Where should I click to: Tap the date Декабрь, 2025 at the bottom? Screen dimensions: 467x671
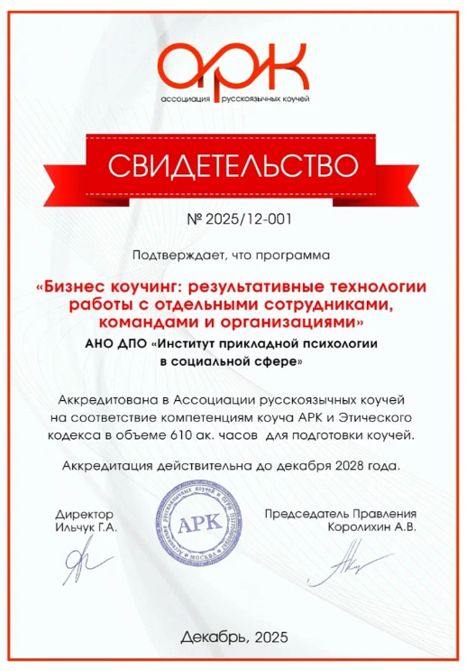233,637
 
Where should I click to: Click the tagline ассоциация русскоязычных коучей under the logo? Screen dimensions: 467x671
233,97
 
